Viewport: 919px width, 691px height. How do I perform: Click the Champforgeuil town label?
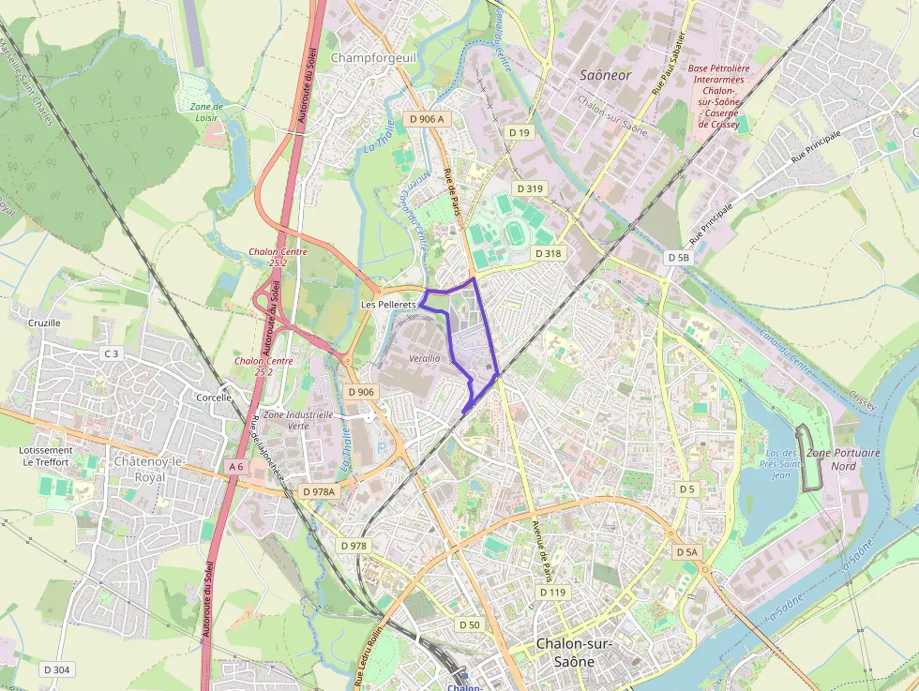tap(372, 57)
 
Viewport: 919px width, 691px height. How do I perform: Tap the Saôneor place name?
tap(606, 74)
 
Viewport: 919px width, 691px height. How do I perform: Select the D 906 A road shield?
tap(427, 119)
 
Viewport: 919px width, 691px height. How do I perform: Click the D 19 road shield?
tap(520, 133)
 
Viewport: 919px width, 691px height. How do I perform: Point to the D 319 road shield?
tap(528, 188)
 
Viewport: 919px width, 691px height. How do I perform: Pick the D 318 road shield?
tap(548, 253)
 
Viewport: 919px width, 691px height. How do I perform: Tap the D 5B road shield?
tap(678, 257)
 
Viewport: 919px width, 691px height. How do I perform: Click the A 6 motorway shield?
tap(235, 466)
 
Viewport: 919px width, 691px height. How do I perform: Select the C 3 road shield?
tap(112, 353)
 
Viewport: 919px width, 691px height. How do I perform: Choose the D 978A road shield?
tap(319, 490)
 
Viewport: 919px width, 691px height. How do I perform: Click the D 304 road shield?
tap(56, 669)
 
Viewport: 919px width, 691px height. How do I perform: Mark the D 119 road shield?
tap(553, 593)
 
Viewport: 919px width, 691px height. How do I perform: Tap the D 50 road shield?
tap(470, 624)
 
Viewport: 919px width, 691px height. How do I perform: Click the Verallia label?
tap(424, 358)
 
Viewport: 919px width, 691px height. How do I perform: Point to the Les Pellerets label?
tap(388, 305)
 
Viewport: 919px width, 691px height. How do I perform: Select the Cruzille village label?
tap(44, 323)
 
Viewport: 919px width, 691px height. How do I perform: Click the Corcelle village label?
tap(214, 398)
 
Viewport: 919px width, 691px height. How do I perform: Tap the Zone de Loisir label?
tap(206, 113)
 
